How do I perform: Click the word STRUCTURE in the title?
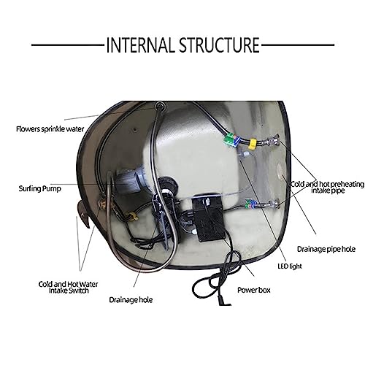(x=220, y=45)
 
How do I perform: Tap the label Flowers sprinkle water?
(x=50, y=129)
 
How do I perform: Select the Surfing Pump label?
(x=40, y=188)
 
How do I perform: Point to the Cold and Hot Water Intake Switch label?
(x=69, y=288)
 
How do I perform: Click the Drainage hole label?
(x=131, y=300)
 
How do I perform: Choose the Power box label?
(x=254, y=290)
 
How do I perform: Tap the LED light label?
(x=290, y=266)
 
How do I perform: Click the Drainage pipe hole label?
(x=326, y=249)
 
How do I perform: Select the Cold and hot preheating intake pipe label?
(x=328, y=187)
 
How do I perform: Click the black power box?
(x=207, y=218)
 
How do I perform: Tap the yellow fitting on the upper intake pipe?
(x=253, y=144)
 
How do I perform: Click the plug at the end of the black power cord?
(x=223, y=301)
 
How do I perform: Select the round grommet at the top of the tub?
(x=160, y=106)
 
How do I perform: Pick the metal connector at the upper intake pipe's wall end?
(x=273, y=139)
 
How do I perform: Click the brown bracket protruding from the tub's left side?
(x=83, y=214)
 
